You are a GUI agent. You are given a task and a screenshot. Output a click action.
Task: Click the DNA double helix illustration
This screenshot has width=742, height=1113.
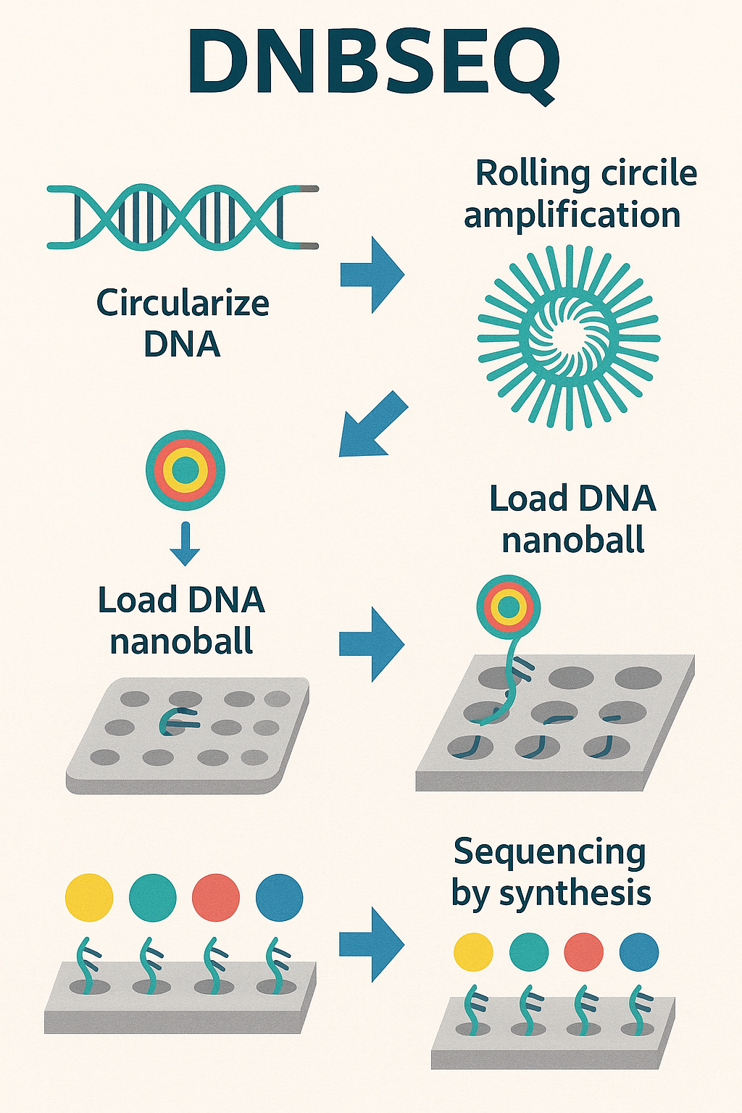tap(181, 217)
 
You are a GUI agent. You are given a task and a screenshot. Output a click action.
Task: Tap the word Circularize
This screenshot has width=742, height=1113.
tap(183, 303)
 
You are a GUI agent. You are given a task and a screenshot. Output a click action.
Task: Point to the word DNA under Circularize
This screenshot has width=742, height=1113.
tap(182, 343)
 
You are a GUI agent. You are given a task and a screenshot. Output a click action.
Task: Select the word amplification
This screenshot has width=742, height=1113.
tap(572, 216)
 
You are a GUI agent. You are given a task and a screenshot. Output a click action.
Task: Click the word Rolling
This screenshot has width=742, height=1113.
tap(522, 174)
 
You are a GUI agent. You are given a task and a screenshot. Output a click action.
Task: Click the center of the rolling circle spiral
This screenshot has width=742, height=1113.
tap(569, 338)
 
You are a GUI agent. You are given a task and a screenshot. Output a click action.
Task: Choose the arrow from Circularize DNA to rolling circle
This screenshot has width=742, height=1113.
tap(372, 275)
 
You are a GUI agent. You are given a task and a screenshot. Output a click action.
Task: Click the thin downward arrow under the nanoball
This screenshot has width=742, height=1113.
tap(185, 543)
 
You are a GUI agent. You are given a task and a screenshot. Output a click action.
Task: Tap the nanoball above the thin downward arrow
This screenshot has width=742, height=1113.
tap(185, 470)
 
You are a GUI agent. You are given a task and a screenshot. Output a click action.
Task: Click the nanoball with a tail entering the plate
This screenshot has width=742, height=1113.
tap(509, 606)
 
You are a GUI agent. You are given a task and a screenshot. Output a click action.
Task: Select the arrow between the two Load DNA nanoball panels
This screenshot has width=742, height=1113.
tap(371, 644)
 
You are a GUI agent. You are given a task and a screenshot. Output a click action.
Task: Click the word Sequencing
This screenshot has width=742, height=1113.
tap(549, 852)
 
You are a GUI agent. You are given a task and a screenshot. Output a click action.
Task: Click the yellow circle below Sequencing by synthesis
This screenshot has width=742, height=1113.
tap(473, 951)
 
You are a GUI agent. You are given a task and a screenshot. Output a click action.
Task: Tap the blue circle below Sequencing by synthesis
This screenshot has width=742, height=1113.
tap(639, 951)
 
